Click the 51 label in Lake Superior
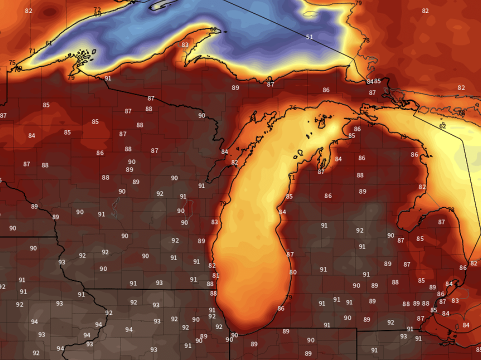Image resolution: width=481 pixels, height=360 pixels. (309, 37)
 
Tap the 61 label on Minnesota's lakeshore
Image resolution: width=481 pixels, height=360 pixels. (48, 43)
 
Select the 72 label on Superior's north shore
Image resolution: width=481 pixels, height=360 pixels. (97, 9)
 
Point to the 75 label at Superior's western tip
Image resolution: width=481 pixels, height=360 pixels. (12, 63)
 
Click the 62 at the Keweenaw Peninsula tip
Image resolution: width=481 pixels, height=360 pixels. (213, 29)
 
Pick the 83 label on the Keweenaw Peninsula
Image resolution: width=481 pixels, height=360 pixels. (185, 45)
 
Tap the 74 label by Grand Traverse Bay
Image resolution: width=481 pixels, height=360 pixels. (334, 142)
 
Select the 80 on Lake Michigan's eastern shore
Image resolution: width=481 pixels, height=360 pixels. (293, 272)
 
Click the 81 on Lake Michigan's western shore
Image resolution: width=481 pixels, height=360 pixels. (215, 275)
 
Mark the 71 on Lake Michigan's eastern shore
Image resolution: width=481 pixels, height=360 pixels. (291, 177)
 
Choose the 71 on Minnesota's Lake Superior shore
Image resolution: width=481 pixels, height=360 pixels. (32, 51)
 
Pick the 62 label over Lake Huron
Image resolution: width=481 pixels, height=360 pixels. (442, 126)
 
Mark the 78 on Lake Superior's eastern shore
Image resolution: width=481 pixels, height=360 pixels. (366, 40)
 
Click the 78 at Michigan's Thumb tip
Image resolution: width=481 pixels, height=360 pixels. (451, 210)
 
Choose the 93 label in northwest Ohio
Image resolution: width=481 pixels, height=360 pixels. (403, 336)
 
